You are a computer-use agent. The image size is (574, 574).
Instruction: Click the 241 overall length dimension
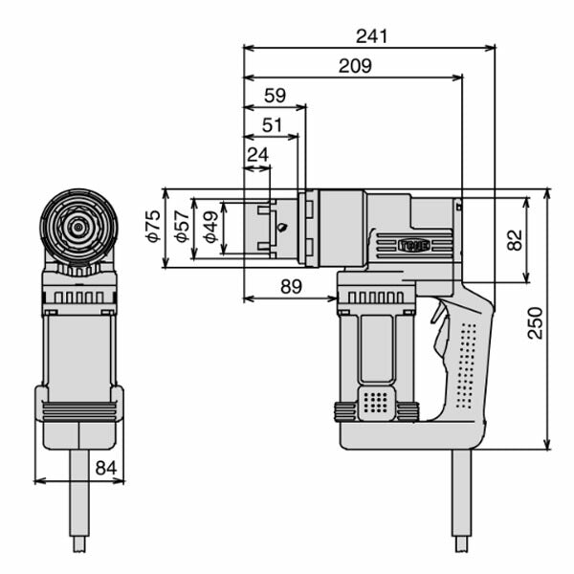coord(370,35)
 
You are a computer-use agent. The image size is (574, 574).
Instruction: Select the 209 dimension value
coord(354,65)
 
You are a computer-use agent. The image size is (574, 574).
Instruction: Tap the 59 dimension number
coord(275,96)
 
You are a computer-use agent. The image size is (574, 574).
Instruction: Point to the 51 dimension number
coord(272,125)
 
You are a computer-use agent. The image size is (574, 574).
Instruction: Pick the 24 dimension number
coord(257,154)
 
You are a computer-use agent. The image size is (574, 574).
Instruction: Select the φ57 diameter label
coord(182,227)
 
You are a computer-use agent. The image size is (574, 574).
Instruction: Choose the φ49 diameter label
coord(210,228)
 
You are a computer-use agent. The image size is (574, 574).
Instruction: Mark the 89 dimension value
coord(291,286)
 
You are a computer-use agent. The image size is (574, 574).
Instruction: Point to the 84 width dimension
coord(106,467)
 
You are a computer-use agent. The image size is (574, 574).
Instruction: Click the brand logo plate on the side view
coord(414,245)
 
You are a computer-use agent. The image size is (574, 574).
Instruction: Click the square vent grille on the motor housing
coord(377,403)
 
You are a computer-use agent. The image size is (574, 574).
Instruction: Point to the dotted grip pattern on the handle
coord(467,364)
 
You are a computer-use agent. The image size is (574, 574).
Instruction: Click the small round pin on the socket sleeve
coord(281,228)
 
